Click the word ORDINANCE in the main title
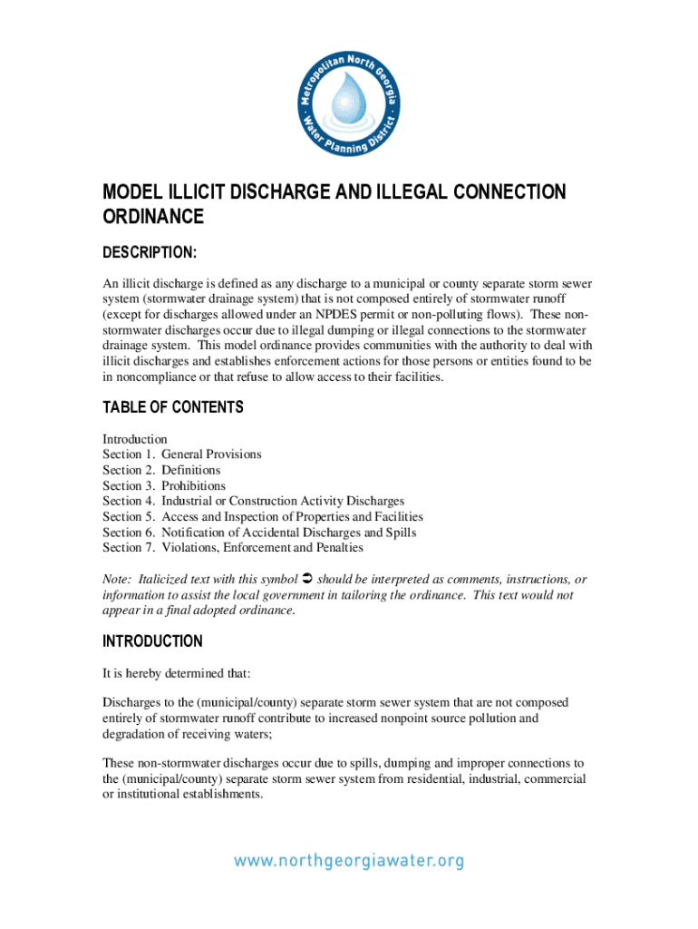coord(153,218)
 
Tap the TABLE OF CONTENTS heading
coord(173,408)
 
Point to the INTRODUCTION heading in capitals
coord(152,642)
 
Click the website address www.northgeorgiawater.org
coord(349,861)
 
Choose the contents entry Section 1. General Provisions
coord(181,455)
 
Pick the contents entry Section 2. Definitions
coord(161,470)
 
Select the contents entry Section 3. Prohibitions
coord(164,486)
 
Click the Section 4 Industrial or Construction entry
coord(253,502)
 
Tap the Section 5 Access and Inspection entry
coord(263,517)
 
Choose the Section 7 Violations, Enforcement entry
coord(233,548)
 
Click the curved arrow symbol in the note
coord(305,579)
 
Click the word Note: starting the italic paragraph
coord(118,580)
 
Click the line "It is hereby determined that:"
coord(177,674)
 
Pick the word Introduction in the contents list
coord(135,439)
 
